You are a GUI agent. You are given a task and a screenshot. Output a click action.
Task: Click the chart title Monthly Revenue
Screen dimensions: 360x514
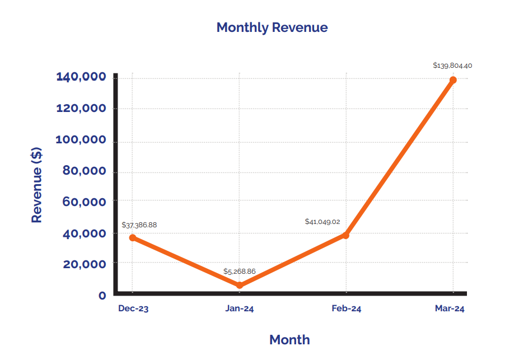click(x=272, y=27)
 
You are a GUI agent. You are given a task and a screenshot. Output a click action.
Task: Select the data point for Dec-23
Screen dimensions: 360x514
click(x=133, y=237)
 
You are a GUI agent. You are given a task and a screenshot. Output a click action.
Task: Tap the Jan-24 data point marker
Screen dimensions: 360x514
click(x=240, y=286)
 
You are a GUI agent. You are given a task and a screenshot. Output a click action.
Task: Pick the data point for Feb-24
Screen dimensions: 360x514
click(x=346, y=235)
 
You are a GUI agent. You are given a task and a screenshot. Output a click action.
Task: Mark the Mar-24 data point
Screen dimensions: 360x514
click(x=453, y=80)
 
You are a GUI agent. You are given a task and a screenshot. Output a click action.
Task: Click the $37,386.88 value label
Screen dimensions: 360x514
click(x=139, y=225)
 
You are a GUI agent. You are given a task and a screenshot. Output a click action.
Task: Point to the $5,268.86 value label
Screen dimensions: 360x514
click(x=240, y=272)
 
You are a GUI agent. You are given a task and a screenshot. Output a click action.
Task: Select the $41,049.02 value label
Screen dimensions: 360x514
click(x=323, y=222)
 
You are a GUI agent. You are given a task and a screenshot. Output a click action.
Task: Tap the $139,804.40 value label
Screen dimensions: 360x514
click(x=452, y=66)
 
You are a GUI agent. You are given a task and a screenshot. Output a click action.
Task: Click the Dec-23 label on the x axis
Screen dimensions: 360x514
click(x=133, y=308)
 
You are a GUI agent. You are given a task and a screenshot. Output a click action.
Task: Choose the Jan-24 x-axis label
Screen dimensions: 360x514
click(x=240, y=308)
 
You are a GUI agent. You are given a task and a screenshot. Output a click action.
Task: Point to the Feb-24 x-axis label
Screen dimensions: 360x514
click(x=346, y=308)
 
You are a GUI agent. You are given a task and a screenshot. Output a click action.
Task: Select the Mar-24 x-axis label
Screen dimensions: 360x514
click(x=450, y=308)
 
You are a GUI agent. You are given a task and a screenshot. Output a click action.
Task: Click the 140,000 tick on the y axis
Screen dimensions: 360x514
click(x=81, y=77)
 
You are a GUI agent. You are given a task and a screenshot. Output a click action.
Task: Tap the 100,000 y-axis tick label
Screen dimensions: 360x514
click(x=81, y=139)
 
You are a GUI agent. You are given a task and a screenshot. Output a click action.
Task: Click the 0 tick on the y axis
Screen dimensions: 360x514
click(x=102, y=295)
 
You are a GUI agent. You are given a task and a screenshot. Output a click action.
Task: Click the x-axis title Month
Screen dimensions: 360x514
click(x=289, y=339)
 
